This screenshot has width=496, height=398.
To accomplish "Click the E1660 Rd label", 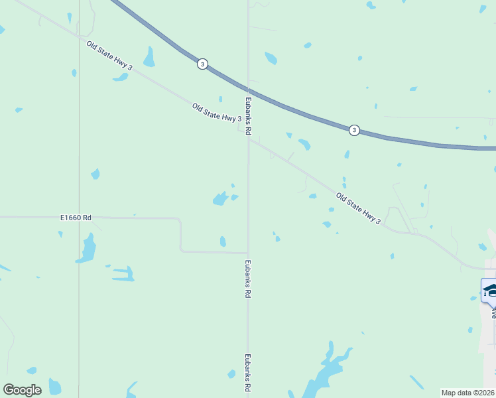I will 76,217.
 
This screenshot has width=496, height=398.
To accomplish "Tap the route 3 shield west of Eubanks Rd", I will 202,64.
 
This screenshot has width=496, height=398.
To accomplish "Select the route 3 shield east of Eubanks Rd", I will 355,130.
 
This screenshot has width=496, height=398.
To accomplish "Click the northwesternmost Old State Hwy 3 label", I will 109,55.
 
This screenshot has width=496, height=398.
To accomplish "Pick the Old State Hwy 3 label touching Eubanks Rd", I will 216,113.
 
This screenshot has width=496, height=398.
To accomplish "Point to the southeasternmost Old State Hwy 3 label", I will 358,208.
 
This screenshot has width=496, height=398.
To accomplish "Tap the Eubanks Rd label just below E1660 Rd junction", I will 248,278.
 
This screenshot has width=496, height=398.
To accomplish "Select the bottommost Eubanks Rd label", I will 247,371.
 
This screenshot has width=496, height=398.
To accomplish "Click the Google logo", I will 22,390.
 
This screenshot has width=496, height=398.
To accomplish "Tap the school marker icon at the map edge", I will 491,291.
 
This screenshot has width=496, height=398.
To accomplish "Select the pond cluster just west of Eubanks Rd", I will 221,198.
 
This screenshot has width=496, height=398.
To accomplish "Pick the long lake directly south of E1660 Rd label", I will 86,248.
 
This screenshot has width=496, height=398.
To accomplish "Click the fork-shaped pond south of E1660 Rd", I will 124,273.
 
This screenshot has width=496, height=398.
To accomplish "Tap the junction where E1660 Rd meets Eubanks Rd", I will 248,253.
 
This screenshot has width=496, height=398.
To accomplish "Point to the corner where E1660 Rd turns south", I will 180,218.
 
